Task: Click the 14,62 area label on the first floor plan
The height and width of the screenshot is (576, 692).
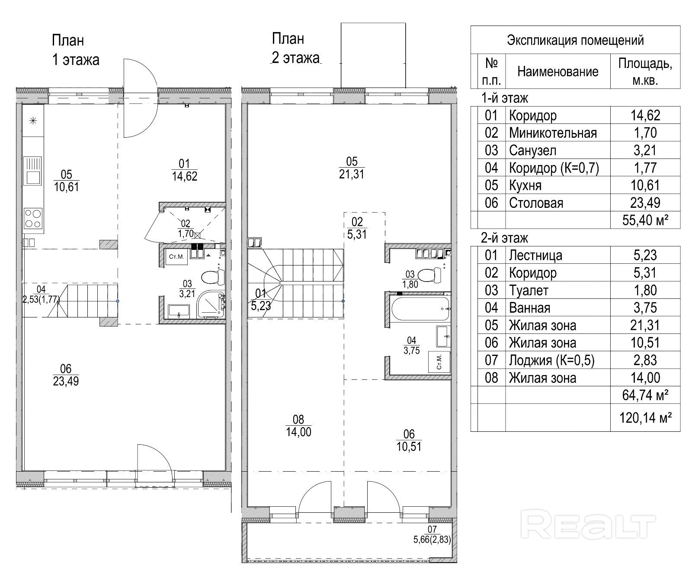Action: [185, 176]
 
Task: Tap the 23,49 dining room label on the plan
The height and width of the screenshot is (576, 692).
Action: [66, 381]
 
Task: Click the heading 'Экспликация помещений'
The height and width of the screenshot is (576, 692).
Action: [575, 40]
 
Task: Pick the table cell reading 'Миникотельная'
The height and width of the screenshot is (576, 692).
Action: [553, 133]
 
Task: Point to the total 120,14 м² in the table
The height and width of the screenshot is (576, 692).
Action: [645, 417]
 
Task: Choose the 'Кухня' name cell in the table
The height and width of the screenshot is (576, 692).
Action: [525, 185]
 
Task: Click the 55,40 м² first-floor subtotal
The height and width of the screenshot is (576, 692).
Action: [645, 220]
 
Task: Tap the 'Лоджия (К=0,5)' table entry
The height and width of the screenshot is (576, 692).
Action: [551, 360]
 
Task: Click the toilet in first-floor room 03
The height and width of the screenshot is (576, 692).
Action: [213, 277]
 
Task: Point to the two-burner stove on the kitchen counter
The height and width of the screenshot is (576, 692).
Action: [33, 218]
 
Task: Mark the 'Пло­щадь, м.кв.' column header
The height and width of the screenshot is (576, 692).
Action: [645, 71]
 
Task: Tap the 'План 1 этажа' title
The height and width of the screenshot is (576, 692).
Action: [76, 50]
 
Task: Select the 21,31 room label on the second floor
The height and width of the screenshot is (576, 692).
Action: [352, 174]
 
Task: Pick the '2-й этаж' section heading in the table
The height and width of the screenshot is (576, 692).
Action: [505, 238]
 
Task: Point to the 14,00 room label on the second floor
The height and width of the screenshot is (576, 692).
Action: [298, 432]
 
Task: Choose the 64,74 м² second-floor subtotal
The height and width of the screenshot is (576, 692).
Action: [645, 395]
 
